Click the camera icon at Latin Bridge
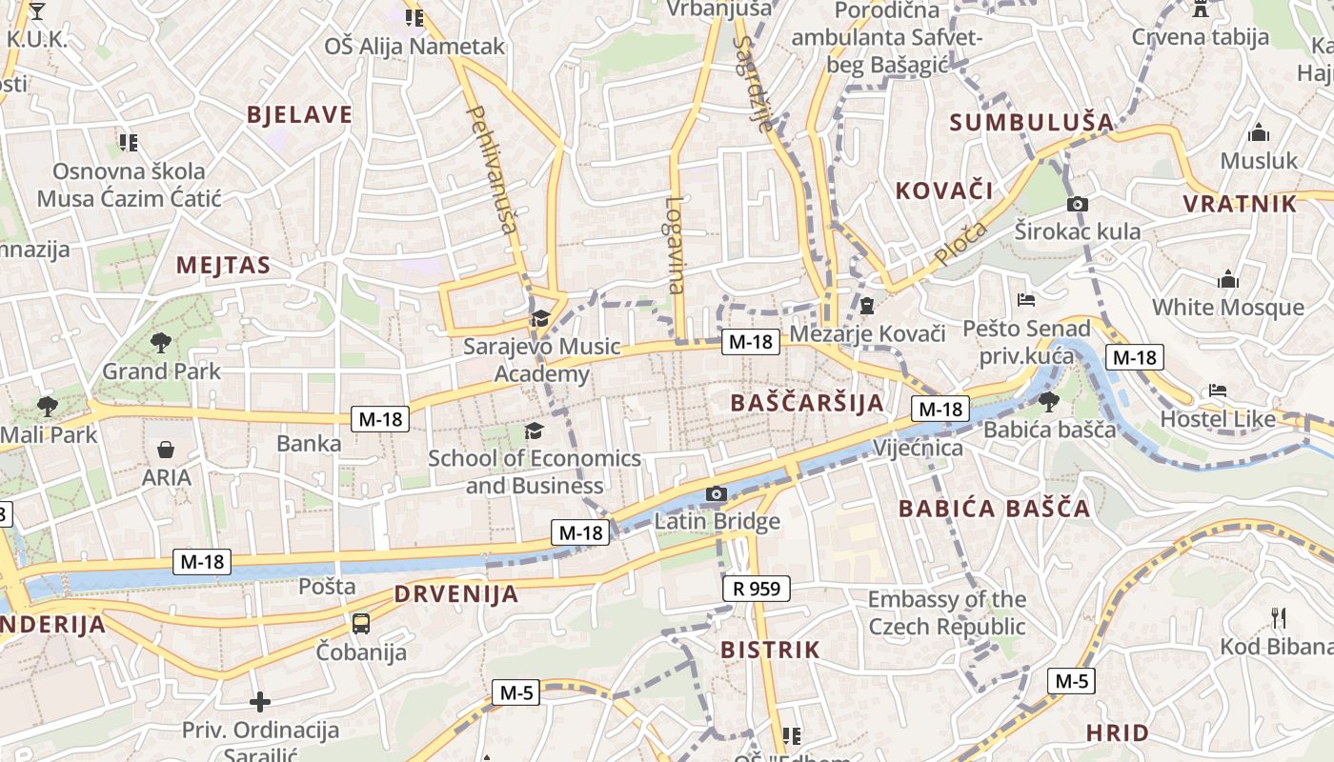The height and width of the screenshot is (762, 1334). pos(716,493)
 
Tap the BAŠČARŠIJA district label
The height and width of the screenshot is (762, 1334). pos(807,403)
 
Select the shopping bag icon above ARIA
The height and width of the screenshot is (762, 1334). pos(166,450)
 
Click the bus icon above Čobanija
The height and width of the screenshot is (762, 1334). pos(361,624)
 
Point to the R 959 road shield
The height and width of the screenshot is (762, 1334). pos(757,589)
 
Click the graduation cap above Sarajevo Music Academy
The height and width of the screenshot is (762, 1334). pos(541,318)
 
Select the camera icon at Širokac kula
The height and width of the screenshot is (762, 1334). pos(1078,204)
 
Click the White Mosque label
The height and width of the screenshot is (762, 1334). pos(1228,308)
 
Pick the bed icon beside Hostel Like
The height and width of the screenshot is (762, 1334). pos(1217,391)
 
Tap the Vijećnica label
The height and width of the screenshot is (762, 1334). pos(918,448)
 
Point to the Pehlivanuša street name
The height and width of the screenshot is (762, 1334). pos(494,170)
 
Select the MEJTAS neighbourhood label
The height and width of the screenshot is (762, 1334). pos(223,266)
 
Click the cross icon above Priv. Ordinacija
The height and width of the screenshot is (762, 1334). pos(259,703)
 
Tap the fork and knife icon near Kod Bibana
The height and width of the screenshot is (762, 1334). pos(1279,618)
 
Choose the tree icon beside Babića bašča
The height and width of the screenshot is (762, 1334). pos(1048,402)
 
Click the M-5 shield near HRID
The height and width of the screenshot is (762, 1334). pos(1071,681)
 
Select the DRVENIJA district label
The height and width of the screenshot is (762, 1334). pos(456,595)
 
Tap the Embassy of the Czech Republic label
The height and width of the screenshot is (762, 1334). pos(946,613)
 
